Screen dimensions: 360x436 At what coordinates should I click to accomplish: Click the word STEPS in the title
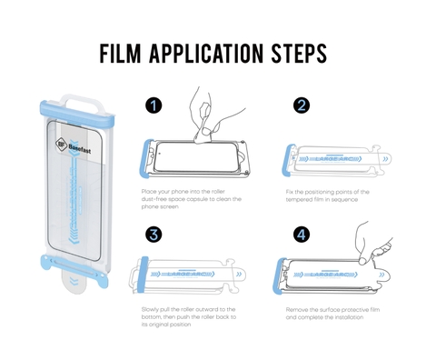pos(296,54)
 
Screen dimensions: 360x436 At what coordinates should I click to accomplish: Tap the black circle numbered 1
pos(154,106)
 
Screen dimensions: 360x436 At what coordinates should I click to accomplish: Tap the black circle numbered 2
pos(301,106)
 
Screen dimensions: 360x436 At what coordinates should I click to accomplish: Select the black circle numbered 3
pos(154,235)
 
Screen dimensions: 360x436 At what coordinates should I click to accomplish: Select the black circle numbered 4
pos(301,235)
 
